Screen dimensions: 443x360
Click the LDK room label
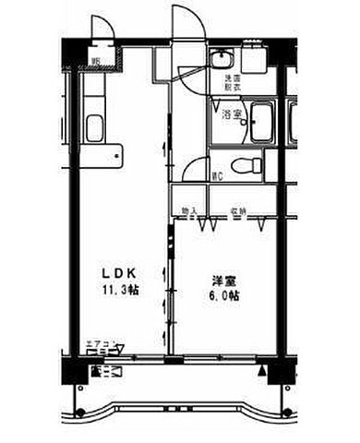119,272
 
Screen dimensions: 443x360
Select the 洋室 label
222,280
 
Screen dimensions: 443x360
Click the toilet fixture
246,167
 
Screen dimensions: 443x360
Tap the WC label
217,174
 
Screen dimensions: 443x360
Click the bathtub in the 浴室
262,123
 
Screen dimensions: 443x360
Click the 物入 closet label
189,211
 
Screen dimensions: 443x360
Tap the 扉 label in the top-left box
95,62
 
